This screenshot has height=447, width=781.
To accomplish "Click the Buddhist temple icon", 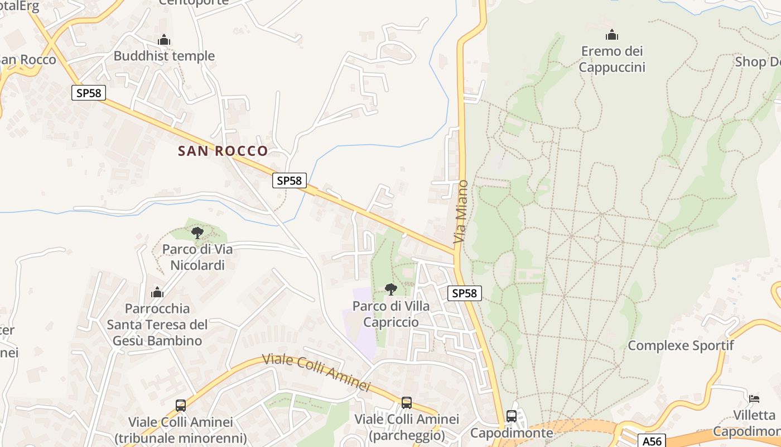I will tap(164, 40).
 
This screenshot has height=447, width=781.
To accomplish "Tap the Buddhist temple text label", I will tap(164, 56).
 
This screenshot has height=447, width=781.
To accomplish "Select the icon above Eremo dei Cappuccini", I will tap(612, 35).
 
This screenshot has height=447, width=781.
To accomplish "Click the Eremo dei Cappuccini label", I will tap(612, 59).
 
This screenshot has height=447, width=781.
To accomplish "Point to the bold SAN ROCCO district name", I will tap(223, 151).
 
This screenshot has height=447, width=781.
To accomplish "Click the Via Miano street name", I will tap(461, 211).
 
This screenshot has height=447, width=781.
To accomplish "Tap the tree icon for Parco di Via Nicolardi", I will tap(197, 232).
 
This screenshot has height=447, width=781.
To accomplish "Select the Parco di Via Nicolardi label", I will tap(197, 257).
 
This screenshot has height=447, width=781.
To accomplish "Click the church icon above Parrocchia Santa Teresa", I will tap(157, 292).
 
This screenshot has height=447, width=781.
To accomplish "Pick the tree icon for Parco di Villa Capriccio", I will tap(391, 289).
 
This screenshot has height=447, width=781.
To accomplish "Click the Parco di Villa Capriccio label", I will tap(391, 314).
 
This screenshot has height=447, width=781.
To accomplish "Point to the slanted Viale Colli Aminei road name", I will tap(316, 372).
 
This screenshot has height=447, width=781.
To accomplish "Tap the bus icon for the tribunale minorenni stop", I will tap(181, 406).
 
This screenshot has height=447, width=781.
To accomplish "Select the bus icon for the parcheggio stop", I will tap(407, 403).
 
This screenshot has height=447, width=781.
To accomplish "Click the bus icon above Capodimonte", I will tap(511, 416).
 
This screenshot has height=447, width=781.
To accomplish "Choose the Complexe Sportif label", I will tap(681, 345).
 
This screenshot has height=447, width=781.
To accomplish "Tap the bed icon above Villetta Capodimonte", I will tap(754, 398).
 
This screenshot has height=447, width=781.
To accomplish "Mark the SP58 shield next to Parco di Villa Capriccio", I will tap(465, 293).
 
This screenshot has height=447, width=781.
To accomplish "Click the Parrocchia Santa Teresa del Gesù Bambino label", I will tap(157, 325).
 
